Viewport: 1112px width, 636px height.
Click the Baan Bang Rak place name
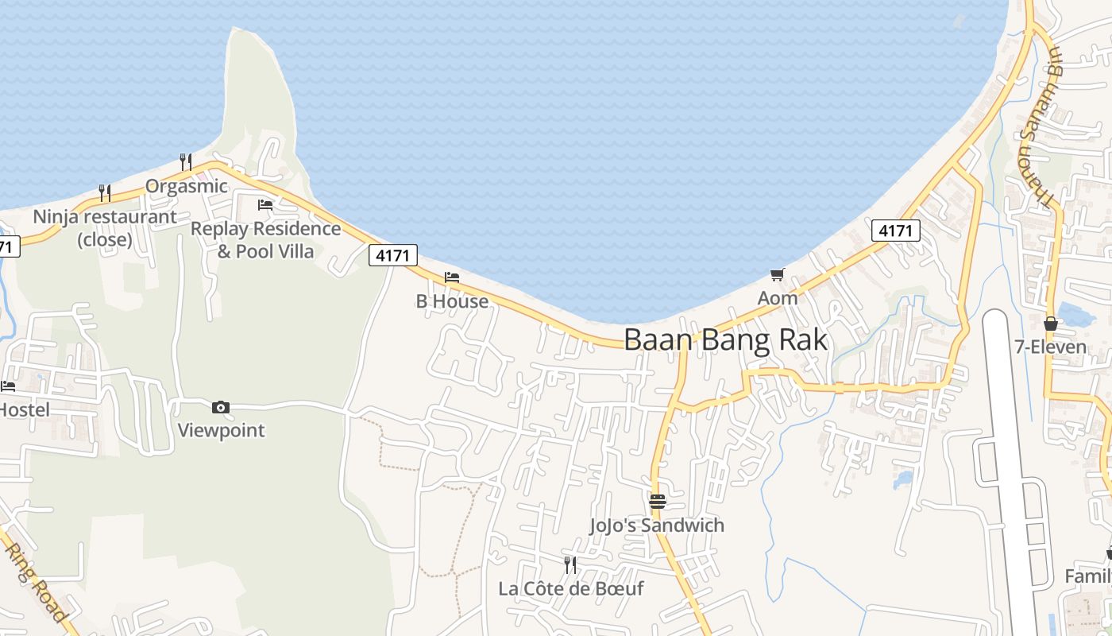725,339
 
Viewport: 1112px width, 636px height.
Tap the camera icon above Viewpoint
221,408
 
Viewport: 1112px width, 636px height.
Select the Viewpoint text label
221,430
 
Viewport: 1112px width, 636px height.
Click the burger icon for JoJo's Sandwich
657,502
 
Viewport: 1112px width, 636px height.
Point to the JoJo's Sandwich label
657,525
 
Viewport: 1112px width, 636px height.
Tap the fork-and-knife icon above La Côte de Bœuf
570,564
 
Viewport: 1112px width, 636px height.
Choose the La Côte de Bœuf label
570,588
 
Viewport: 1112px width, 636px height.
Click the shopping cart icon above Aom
777,275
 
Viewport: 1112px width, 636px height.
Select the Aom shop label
777,298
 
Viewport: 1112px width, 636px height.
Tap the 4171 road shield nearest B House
393,255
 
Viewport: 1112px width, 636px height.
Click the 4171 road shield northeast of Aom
895,231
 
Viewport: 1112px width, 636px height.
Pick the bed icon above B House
452,277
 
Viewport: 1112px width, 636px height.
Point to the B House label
452,301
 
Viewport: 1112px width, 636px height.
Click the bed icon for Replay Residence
265,205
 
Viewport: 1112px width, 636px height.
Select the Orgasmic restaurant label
186,186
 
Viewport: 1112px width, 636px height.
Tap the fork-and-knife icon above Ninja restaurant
104,192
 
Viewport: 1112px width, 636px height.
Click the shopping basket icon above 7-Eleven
1050,324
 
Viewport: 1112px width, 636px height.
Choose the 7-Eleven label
1050,347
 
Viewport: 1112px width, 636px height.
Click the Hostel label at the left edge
24,410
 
